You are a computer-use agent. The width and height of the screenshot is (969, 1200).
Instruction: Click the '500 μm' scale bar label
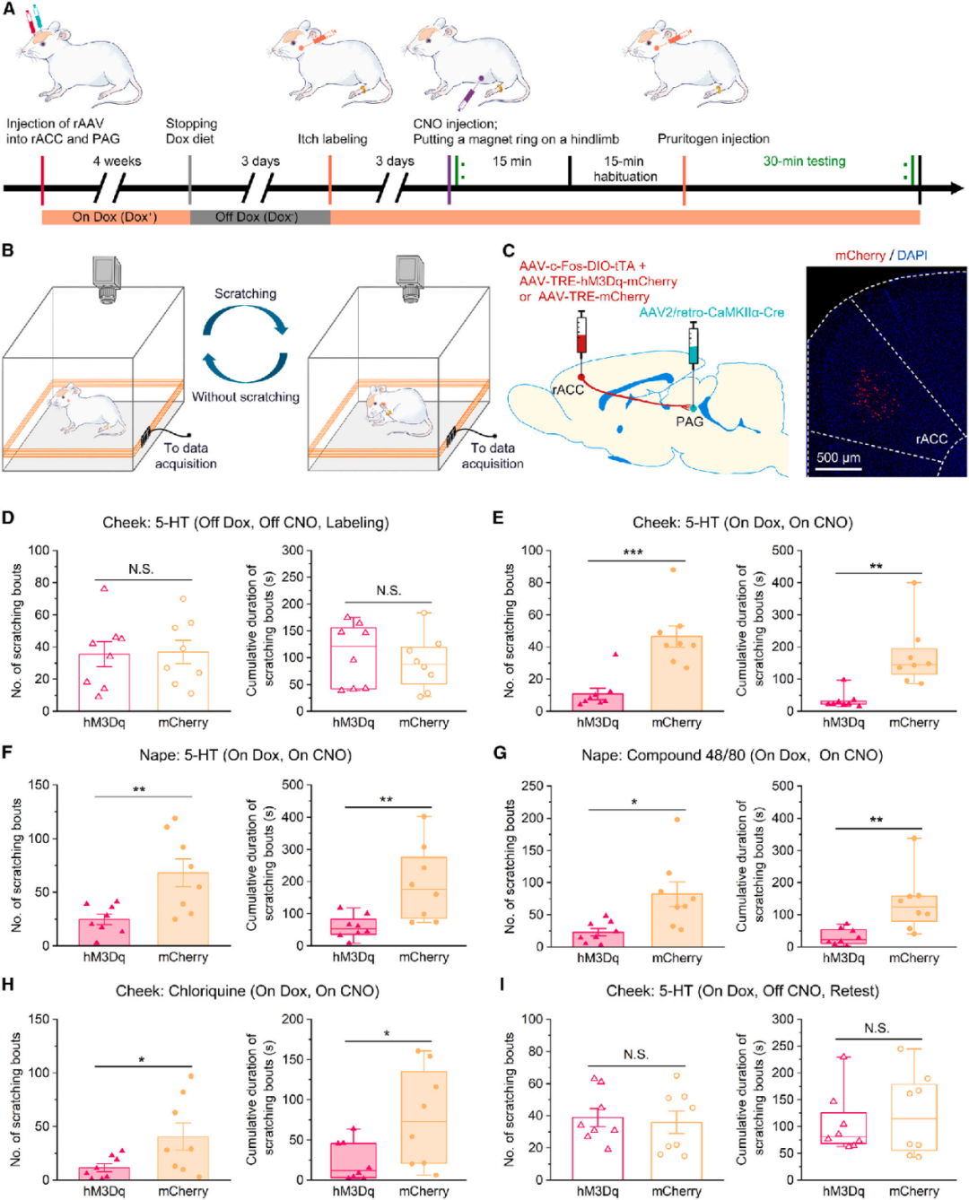click(x=838, y=457)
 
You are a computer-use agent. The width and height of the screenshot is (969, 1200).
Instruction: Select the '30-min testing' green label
click(x=804, y=161)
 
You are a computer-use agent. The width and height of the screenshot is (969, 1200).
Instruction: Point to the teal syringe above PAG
click(x=693, y=346)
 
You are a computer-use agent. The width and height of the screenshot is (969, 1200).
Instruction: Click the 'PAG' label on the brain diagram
click(x=689, y=422)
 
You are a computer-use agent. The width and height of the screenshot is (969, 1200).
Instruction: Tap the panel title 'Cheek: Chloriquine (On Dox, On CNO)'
click(x=248, y=991)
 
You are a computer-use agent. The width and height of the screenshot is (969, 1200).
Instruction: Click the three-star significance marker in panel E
click(x=633, y=552)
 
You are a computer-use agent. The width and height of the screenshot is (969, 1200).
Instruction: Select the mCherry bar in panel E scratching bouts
click(x=677, y=673)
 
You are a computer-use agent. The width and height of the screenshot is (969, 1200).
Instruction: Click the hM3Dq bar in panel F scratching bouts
click(x=104, y=932)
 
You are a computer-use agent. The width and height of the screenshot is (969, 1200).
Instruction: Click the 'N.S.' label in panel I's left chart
click(x=636, y=1055)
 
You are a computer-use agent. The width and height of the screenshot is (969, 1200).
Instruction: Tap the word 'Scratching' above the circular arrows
click(x=245, y=293)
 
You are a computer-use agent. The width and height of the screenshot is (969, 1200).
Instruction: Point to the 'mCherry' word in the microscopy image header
click(x=860, y=256)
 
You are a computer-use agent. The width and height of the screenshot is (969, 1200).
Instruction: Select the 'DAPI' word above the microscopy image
click(x=912, y=256)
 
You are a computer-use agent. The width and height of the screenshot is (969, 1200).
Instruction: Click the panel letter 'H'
click(x=8, y=985)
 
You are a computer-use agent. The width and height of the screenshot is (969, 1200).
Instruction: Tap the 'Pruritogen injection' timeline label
click(x=713, y=139)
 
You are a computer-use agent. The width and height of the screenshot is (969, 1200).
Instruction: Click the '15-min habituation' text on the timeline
click(x=624, y=169)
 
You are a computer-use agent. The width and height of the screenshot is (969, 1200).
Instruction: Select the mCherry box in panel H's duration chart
click(x=423, y=1117)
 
